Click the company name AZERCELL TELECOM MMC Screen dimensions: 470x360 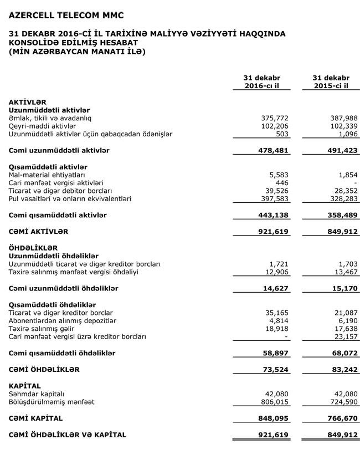click(x=66, y=14)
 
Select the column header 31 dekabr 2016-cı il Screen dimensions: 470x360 click(x=262, y=82)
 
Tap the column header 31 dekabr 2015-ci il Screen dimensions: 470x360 click(x=331, y=82)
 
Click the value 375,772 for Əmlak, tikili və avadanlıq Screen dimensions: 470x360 click(x=275, y=118)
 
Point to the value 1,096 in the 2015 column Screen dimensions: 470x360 click(x=346, y=134)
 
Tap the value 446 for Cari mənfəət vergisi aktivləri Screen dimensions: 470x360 click(x=282, y=183)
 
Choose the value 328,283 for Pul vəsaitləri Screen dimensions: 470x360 click(x=342, y=198)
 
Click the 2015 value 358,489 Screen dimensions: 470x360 click(x=339, y=215)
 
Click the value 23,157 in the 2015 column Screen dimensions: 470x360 click(x=344, y=336)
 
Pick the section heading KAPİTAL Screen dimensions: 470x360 click(x=25, y=385)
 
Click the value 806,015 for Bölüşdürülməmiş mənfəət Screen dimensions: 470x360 click(x=275, y=401)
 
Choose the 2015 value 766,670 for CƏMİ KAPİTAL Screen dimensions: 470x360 click(x=339, y=418)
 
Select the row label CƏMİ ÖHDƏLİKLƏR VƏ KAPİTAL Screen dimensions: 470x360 click(x=67, y=435)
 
